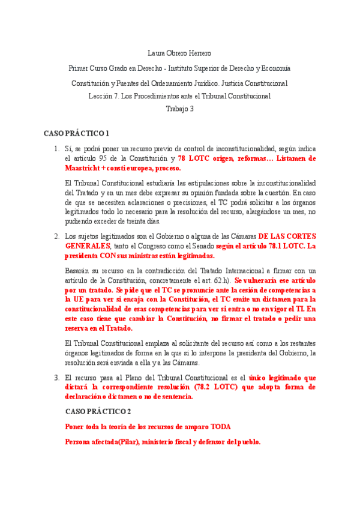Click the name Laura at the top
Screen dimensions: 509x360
(x=157, y=53)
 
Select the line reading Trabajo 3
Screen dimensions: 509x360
(x=179, y=109)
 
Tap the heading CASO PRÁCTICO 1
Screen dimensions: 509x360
(x=76, y=133)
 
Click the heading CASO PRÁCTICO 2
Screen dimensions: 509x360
(x=97, y=411)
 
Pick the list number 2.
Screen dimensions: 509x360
(x=56, y=236)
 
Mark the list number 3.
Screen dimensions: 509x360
(x=56, y=378)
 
